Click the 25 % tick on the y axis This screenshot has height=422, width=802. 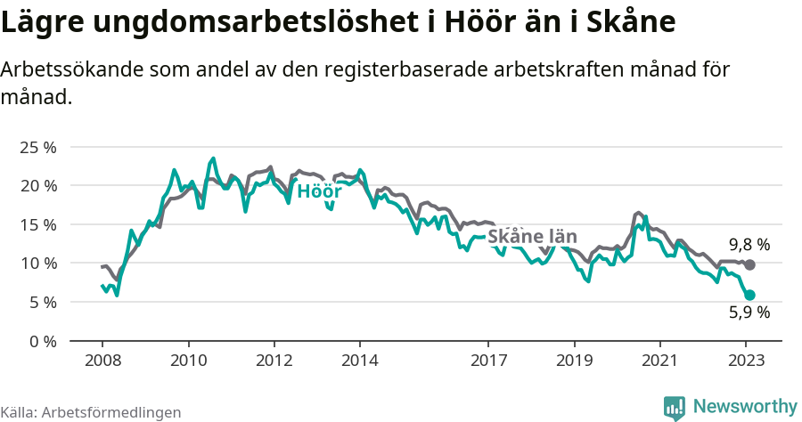click(x=38, y=147)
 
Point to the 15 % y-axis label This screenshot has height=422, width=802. click(x=38, y=224)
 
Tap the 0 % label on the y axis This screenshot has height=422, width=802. click(x=43, y=341)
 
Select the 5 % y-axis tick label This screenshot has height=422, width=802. click(x=43, y=302)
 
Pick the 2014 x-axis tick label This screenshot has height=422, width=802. click(x=359, y=361)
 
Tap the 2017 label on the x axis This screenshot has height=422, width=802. click(x=488, y=361)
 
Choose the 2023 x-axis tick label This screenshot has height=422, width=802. click(x=746, y=361)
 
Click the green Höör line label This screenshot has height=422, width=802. click(x=319, y=191)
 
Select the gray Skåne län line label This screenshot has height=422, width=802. click(x=532, y=237)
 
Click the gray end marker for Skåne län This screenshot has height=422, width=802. click(x=750, y=264)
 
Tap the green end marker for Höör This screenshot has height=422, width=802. click(x=750, y=295)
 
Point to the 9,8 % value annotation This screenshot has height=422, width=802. click(x=749, y=244)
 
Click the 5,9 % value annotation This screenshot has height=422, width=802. click(x=749, y=312)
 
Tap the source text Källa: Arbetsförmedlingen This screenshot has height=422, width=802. click(x=91, y=412)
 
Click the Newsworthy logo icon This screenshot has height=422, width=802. click(x=675, y=407)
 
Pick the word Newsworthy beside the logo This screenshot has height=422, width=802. click(x=744, y=407)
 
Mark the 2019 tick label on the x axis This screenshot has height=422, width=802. click(x=574, y=361)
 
